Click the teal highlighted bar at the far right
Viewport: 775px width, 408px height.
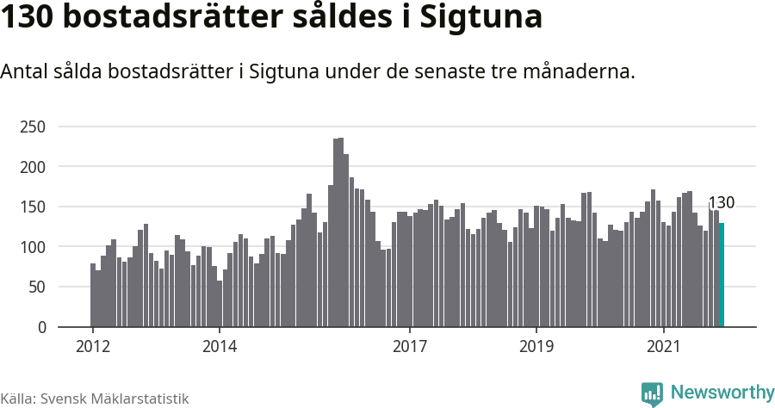(x=722, y=275)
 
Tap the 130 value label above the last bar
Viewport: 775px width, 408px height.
(x=721, y=203)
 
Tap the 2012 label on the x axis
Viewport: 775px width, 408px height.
(x=92, y=347)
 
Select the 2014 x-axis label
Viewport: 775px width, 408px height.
(x=220, y=347)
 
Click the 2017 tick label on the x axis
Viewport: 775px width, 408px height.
(x=410, y=347)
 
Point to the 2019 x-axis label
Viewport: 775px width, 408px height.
(x=536, y=347)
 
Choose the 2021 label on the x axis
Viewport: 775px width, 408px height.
(x=664, y=347)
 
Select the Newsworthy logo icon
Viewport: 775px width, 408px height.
(x=652, y=393)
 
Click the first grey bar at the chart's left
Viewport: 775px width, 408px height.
(x=93, y=295)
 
